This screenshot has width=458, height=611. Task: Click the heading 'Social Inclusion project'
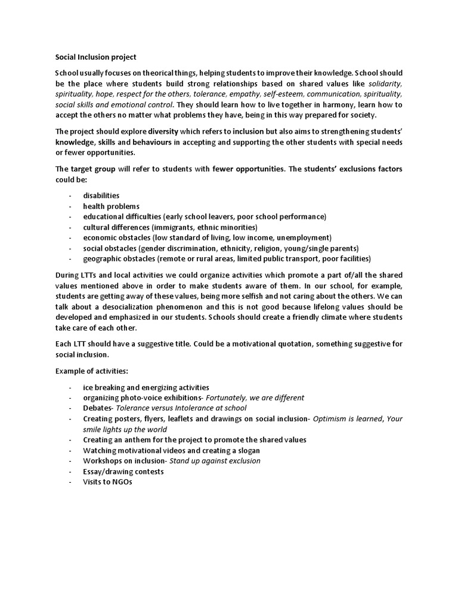(x=95, y=57)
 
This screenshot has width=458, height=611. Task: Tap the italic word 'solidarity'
(x=386, y=84)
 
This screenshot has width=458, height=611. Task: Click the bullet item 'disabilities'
(x=101, y=196)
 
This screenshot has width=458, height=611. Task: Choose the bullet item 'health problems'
(x=111, y=206)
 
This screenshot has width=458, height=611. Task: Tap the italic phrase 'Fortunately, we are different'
(x=255, y=398)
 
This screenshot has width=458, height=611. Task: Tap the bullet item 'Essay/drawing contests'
(x=123, y=471)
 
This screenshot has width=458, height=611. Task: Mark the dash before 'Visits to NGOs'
(x=70, y=482)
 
